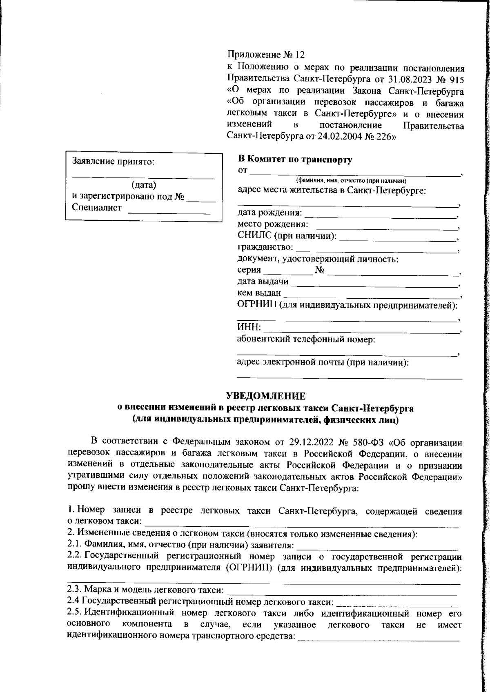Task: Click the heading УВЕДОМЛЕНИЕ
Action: pyautogui.click(x=266, y=396)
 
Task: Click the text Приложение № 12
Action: pyautogui.click(x=266, y=55)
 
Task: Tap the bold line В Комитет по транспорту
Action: pyautogui.click(x=295, y=160)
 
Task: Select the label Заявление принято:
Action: pyautogui.click(x=114, y=161)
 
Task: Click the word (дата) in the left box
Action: pyautogui.click(x=144, y=185)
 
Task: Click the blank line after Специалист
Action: pyautogui.click(x=169, y=212)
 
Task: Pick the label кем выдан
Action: pyautogui.click(x=259, y=293)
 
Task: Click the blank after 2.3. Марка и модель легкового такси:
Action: pyautogui.click(x=341, y=590)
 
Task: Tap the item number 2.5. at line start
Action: pyautogui.click(x=75, y=613)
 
